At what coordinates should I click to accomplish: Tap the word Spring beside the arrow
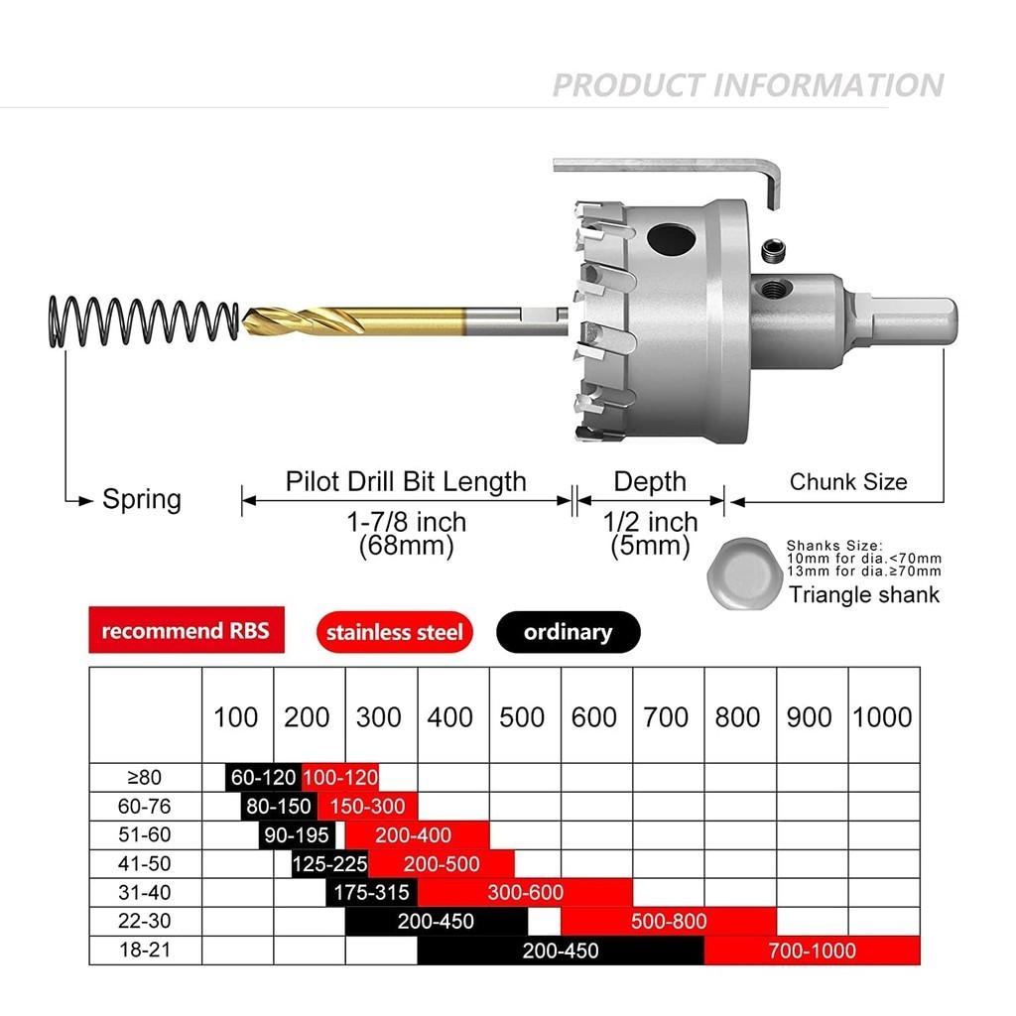[142, 499]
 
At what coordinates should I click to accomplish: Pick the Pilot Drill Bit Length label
[406, 482]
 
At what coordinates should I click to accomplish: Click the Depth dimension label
[650, 482]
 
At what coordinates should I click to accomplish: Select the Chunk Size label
[848, 482]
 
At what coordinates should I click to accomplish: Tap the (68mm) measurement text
[406, 545]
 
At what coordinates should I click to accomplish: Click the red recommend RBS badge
[186, 631]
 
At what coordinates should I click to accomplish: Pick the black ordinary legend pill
[568, 632]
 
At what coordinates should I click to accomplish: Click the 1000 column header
[882, 717]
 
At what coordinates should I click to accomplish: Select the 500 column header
[523, 717]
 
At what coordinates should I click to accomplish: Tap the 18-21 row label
[145, 951]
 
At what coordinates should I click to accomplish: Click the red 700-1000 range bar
[812, 951]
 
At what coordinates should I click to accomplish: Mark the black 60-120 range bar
[263, 778]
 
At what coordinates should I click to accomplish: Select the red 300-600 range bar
[524, 892]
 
